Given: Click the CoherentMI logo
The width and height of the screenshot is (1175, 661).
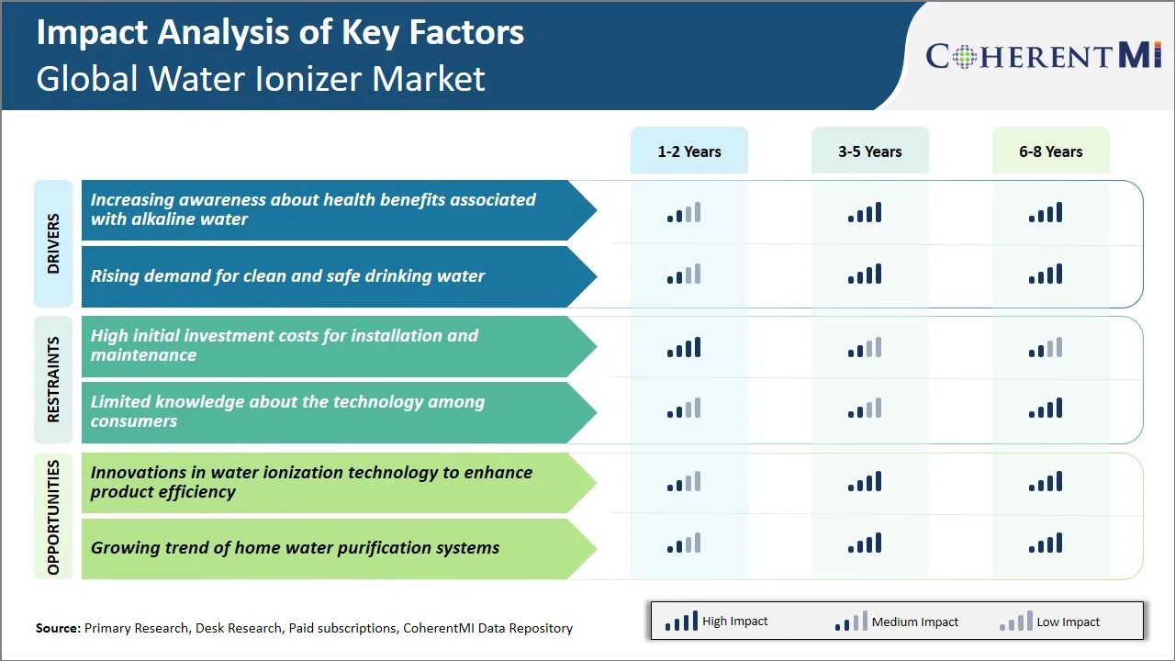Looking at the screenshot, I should click(1044, 56).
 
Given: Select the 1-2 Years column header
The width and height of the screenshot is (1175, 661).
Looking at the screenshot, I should click(688, 151).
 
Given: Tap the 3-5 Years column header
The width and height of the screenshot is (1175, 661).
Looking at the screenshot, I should click(869, 151).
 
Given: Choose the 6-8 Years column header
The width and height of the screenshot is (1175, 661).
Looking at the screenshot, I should click(1050, 151).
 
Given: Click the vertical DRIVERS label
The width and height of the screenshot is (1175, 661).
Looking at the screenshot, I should click(53, 243).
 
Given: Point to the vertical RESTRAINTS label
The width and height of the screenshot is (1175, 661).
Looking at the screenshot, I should click(53, 379).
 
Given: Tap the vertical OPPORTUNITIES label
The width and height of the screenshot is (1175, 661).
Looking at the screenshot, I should click(53, 517).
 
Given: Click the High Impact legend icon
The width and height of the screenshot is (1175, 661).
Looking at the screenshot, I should click(681, 622).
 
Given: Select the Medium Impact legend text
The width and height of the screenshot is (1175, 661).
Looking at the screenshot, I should click(914, 622).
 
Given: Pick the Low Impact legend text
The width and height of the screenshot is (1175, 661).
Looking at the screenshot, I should click(1068, 622).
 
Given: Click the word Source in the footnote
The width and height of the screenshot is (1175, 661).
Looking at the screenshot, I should click(57, 629).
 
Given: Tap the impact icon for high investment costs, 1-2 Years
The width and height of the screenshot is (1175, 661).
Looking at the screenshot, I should click(684, 348).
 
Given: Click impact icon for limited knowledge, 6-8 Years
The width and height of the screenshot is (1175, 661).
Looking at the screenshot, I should click(1046, 409).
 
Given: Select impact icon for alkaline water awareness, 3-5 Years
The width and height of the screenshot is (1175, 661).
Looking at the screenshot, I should click(865, 213).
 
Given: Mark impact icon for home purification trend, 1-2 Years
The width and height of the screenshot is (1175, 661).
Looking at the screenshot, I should click(684, 543).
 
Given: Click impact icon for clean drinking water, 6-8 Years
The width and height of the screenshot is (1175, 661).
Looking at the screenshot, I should click(1046, 274).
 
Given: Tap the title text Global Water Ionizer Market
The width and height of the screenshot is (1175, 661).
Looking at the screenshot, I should click(260, 79).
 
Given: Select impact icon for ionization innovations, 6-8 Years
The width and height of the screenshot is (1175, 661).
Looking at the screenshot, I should click(1046, 482).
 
